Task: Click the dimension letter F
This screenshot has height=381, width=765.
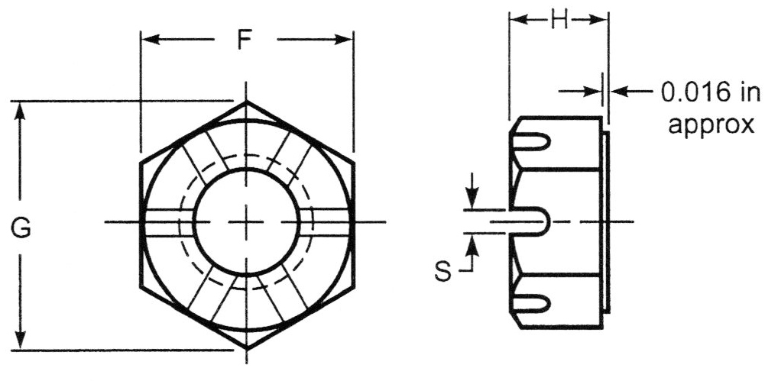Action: pos(245,40)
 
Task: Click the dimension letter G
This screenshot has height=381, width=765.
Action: pos(21,228)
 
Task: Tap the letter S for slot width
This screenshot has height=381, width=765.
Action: pos(443,271)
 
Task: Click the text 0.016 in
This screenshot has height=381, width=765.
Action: pos(711,92)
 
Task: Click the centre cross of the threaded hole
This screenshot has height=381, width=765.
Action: pos(246,222)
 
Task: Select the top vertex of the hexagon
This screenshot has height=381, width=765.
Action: pos(246,101)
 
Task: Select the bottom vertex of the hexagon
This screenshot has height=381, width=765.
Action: pos(246,349)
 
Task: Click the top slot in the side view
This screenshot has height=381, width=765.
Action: pos(531,141)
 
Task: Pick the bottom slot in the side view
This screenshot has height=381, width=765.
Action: pos(531,303)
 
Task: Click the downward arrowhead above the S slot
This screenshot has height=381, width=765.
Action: pos(470,200)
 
